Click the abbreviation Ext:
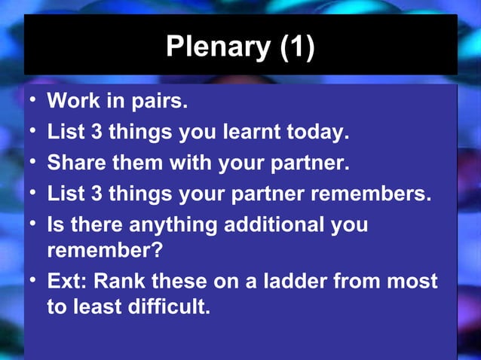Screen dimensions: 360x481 pos(68,282)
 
